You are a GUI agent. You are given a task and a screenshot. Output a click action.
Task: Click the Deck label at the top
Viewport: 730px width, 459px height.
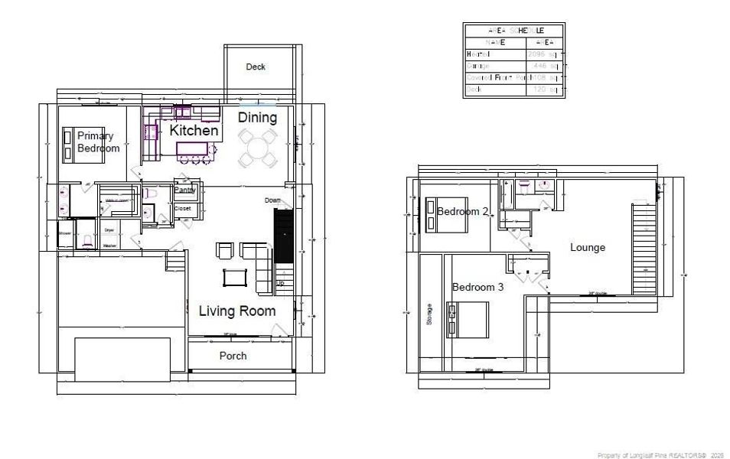[256, 67]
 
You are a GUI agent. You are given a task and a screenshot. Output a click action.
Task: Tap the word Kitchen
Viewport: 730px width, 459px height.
[194, 132]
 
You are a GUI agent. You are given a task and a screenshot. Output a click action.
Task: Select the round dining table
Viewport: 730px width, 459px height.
[258, 147]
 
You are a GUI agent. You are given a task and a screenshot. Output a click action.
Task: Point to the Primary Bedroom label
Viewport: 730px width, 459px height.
[98, 142]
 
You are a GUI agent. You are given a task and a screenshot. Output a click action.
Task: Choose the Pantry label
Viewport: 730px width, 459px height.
[185, 190]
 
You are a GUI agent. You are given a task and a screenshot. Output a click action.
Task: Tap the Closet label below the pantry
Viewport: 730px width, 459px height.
[183, 207]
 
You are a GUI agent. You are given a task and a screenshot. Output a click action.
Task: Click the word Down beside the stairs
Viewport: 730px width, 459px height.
[273, 200]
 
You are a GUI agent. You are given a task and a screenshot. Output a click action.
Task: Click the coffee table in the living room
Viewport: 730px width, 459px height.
[235, 276]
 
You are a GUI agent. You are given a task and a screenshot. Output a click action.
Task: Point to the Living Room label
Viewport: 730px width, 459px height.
[236, 311]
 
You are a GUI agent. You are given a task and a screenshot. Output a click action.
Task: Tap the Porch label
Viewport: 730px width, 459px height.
[233, 356]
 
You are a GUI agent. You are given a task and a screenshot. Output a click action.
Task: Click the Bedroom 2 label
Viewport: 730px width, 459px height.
[462, 211]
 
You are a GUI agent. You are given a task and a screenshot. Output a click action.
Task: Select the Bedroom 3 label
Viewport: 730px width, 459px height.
[477, 288]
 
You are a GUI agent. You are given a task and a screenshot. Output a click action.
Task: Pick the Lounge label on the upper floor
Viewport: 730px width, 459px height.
[588, 247]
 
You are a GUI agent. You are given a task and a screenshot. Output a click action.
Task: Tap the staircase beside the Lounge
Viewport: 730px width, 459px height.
[644, 249]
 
